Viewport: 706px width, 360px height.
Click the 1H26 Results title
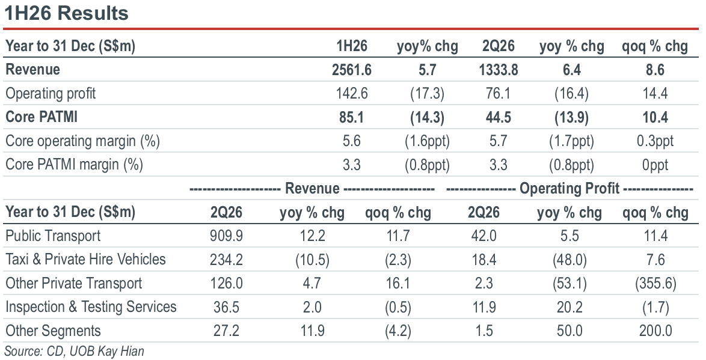point(66,13)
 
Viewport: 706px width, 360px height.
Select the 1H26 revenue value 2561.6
point(352,70)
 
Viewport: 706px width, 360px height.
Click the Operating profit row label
point(51,93)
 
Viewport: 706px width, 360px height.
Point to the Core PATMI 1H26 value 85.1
point(352,117)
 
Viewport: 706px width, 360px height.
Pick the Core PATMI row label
point(41,117)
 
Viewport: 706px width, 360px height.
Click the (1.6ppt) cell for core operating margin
point(427,141)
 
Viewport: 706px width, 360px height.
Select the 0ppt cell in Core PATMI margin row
point(655,165)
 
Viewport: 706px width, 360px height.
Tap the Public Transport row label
point(53,236)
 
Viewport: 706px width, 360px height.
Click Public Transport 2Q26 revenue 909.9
point(226,236)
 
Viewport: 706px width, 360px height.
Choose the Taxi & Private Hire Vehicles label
point(85,259)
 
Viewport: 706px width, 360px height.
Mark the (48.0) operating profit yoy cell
point(569,260)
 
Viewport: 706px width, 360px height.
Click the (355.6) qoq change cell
point(655,284)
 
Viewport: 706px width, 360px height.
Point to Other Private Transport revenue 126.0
point(226,283)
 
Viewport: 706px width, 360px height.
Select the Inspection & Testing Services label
point(91,307)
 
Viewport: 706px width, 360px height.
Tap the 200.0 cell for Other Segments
point(655,331)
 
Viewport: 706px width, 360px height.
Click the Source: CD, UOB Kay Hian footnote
point(75,351)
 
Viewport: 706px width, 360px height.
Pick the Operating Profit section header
point(569,189)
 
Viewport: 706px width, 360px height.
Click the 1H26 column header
point(352,46)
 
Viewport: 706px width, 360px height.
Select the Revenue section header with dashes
point(312,189)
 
